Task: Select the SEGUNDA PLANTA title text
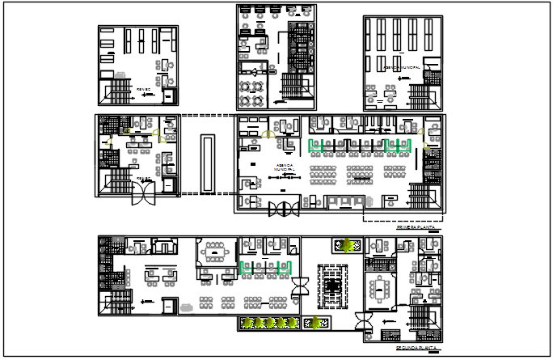point(416,349)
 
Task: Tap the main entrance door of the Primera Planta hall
point(284,209)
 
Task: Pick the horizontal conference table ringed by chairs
point(214,253)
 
